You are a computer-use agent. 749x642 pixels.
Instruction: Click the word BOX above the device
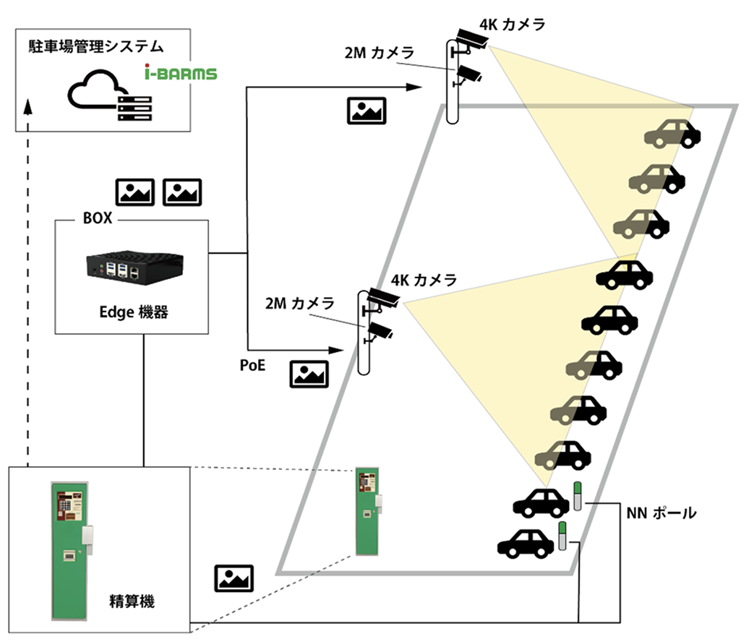tap(97, 218)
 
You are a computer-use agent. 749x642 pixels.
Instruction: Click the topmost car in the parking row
tap(672, 134)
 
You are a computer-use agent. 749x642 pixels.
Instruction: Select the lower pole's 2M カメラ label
tap(299, 303)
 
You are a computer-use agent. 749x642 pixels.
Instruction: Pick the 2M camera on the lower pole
tap(379, 332)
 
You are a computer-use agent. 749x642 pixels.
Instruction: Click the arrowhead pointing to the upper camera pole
tap(415, 87)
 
